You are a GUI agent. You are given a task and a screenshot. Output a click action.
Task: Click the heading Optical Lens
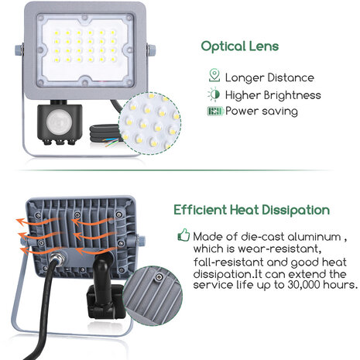coord(239,46)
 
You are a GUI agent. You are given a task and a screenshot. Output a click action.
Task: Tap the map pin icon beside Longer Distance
coord(214,77)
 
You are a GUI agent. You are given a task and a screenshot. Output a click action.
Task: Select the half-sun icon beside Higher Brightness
coord(214,94)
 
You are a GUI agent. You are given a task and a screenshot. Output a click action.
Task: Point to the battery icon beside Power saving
coord(214,111)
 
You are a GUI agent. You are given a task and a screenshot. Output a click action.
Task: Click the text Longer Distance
coord(269,77)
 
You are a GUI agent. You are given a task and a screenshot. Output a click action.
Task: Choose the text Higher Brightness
coord(273,94)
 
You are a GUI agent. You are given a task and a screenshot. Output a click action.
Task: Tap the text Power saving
coord(262,111)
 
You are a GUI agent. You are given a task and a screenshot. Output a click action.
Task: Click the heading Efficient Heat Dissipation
coord(252,210)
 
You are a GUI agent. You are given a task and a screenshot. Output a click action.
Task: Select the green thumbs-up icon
coord(183,234)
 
